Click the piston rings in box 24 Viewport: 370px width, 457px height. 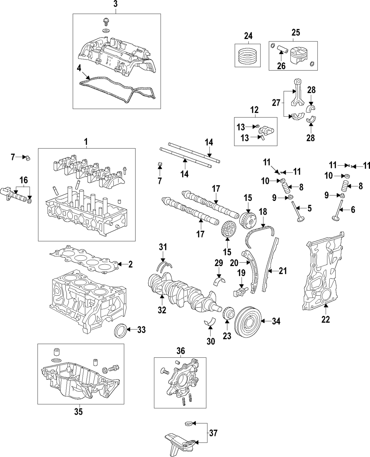[x=248, y=55]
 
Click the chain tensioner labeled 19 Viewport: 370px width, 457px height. [x=240, y=291]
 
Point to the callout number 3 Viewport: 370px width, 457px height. [x=115, y=4]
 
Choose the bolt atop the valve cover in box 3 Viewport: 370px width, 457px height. [x=105, y=22]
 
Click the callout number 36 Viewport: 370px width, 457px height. [x=180, y=351]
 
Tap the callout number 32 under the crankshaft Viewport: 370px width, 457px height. [x=162, y=310]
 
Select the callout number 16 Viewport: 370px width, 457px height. [x=24, y=180]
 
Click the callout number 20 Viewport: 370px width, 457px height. [x=234, y=263]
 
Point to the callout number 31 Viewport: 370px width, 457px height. [x=163, y=247]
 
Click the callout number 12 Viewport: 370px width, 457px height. [x=255, y=110]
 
